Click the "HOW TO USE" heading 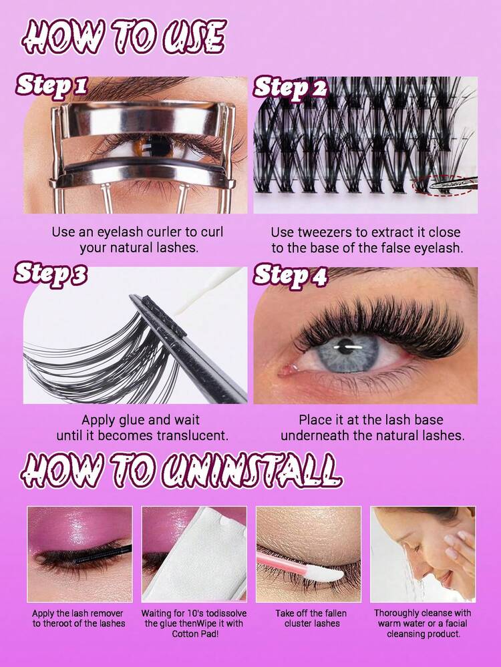coord(123,37)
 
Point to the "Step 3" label coord(51,274)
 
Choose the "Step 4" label coord(291,276)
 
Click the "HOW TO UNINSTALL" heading coord(181,469)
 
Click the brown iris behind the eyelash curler coord(147,147)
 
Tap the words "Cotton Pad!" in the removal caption coord(194,634)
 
